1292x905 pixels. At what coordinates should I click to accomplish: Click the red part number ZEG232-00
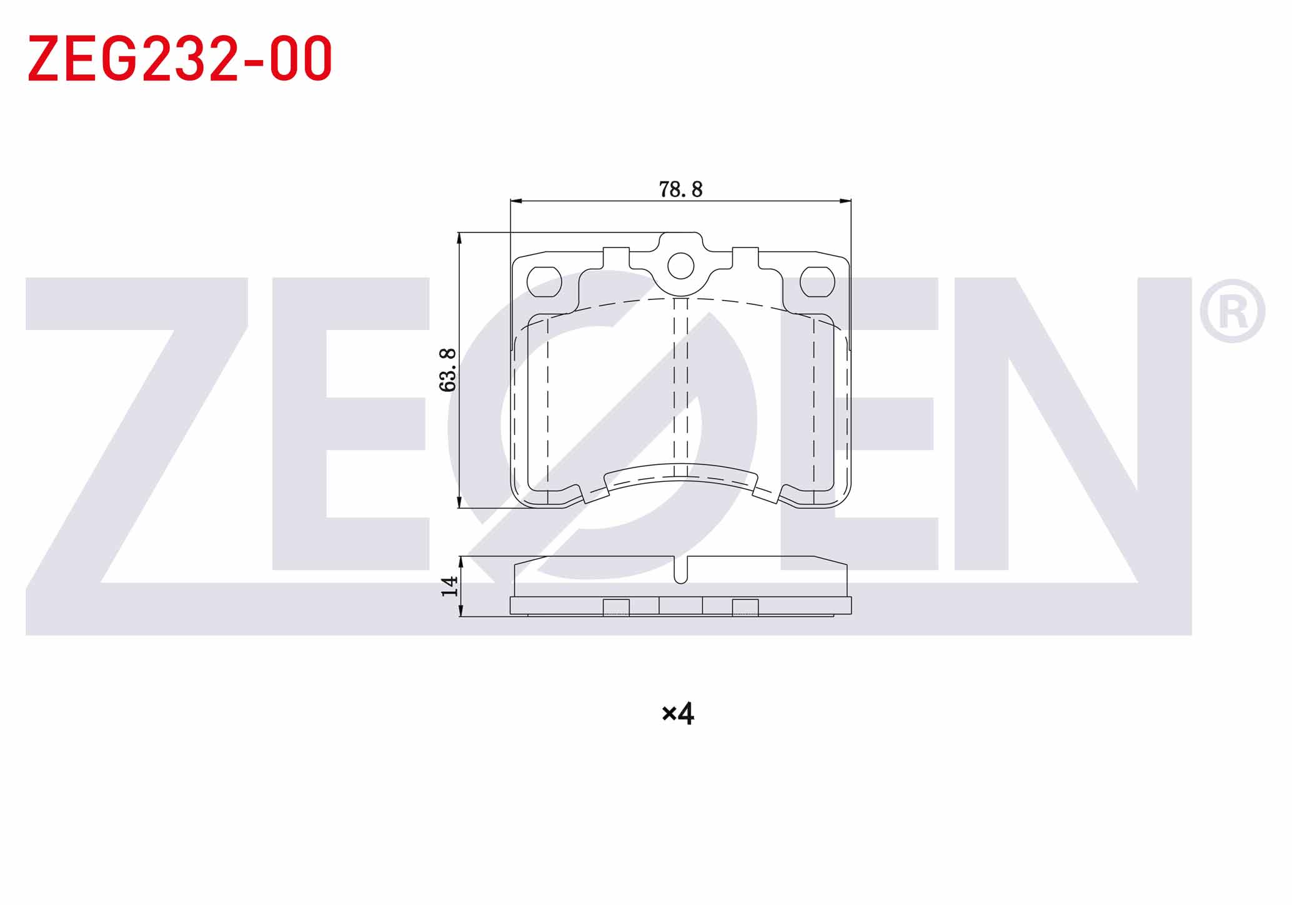click(180, 59)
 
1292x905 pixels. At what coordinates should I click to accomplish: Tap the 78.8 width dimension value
click(680, 189)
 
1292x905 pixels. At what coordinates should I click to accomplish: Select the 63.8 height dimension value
click(448, 370)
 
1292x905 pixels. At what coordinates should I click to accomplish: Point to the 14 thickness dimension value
click(450, 586)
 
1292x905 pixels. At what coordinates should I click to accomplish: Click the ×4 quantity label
click(678, 713)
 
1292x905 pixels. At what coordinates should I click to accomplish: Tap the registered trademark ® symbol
click(1232, 311)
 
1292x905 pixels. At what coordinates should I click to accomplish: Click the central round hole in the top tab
click(680, 266)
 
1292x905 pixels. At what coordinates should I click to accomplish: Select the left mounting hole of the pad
click(545, 282)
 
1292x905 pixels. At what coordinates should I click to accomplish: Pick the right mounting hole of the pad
click(817, 282)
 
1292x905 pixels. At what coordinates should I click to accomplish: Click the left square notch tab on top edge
click(616, 257)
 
